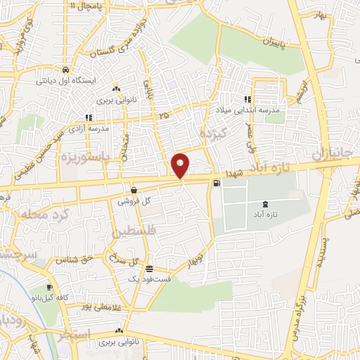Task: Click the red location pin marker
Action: point(181,165)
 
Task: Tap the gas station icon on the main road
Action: point(215,184)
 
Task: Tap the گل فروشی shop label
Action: point(138,201)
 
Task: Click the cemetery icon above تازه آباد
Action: point(255,203)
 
